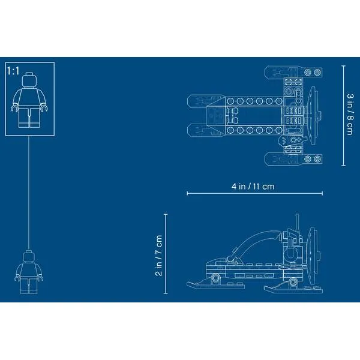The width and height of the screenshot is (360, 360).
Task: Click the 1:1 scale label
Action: click(13, 71)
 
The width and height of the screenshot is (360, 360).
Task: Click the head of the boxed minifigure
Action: click(29, 80)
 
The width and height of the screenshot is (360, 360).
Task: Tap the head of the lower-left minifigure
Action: click(29, 256)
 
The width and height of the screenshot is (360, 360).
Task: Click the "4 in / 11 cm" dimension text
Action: click(253, 186)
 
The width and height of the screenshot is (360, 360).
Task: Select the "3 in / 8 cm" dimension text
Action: click(350, 114)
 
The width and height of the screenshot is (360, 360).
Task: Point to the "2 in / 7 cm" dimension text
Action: click(158, 256)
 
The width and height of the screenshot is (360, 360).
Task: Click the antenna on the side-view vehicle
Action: click(297, 223)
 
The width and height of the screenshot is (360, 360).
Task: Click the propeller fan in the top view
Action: click(313, 115)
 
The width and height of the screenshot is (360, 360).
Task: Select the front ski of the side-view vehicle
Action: click(215, 284)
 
